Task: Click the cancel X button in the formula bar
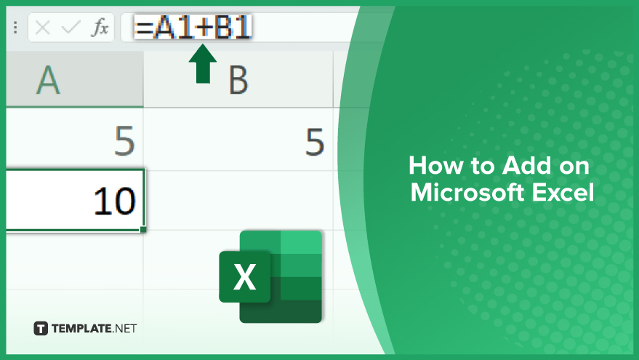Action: (42, 28)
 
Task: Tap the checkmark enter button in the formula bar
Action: (71, 28)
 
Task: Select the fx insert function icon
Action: (100, 28)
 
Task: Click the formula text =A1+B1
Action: (193, 27)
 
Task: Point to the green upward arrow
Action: (203, 63)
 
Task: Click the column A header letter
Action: (48, 80)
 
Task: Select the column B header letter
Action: (238, 80)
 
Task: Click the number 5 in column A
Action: (124, 141)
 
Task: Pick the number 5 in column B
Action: (315, 142)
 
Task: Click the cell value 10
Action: (114, 201)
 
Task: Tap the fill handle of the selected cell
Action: (143, 230)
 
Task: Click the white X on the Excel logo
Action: (244, 277)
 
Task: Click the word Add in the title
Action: (526, 166)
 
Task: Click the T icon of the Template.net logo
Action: (41, 329)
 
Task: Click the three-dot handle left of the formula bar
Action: (15, 28)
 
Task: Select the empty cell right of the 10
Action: (239, 200)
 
